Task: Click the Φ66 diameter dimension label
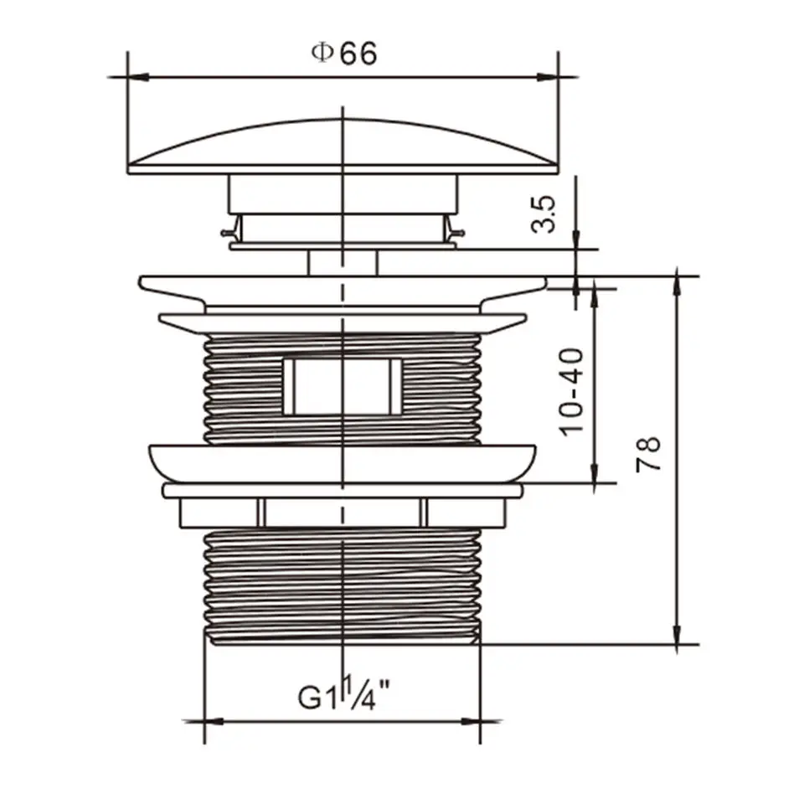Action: (344, 54)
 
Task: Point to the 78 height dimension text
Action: (648, 454)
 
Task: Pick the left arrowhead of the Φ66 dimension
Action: (138, 77)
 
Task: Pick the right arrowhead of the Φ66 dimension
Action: (548, 77)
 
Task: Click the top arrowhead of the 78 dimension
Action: (678, 287)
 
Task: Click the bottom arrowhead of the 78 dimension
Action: (678, 633)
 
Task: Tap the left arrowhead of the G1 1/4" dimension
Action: (214, 721)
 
